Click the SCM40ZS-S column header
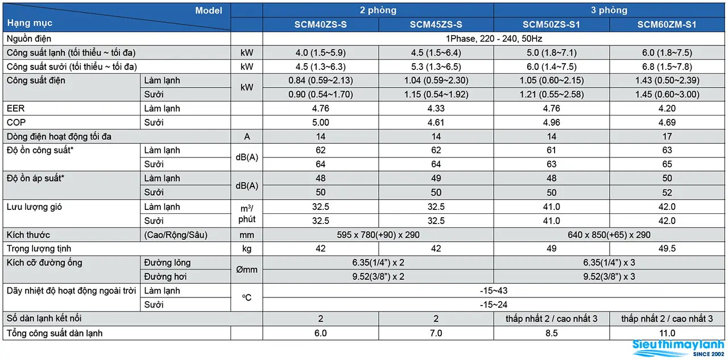click(320, 24)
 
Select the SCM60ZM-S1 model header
click(667, 24)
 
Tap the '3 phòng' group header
click(609, 10)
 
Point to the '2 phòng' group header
click(378, 10)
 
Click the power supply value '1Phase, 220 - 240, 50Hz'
click(494, 39)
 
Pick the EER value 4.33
click(436, 108)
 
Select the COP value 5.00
click(320, 122)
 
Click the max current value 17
click(667, 136)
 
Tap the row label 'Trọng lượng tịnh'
click(39, 249)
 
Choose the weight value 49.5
click(667, 249)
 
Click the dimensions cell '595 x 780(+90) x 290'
click(378, 234)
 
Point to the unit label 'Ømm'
click(247, 270)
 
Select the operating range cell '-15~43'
click(494, 291)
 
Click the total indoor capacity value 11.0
click(667, 333)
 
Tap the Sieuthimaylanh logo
click(679, 348)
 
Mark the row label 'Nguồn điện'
click(29, 39)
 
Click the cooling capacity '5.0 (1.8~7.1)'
click(552, 53)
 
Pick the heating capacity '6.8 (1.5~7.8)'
click(667, 67)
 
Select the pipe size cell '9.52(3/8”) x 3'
click(609, 276)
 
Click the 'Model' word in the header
click(209, 10)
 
